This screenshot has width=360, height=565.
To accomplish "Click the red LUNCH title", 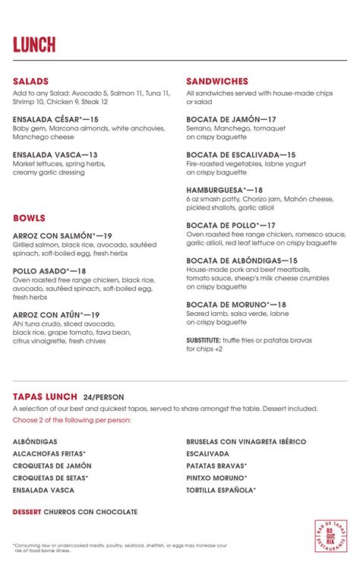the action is pos(34,45).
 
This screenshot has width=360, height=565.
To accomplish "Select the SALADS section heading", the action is pos(30,81).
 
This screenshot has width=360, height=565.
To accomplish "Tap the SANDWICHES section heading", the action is pos(216,81).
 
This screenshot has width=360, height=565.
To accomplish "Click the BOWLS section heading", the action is pos(29,219).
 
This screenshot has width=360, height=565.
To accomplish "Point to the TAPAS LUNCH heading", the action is pos(45,396).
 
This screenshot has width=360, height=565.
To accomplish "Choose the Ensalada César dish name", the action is pos(55,119).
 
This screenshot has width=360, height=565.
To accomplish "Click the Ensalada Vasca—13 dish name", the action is pos(55,155).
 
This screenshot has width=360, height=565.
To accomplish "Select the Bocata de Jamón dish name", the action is pos(231,119).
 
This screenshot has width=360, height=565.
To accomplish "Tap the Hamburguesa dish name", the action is pos(224,190).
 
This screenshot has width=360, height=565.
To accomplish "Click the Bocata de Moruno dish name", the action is pos(235,305).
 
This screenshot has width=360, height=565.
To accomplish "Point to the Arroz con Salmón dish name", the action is pos(62,236).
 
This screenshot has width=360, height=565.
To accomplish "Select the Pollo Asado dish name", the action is pos(49,271).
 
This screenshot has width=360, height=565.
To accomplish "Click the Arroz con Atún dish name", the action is pos(56,314).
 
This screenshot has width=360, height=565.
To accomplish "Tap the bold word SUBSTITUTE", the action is pos(204,340).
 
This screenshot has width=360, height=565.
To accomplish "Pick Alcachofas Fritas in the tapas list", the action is pos(49,453).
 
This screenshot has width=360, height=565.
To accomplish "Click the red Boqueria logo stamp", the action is pos(330,536).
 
